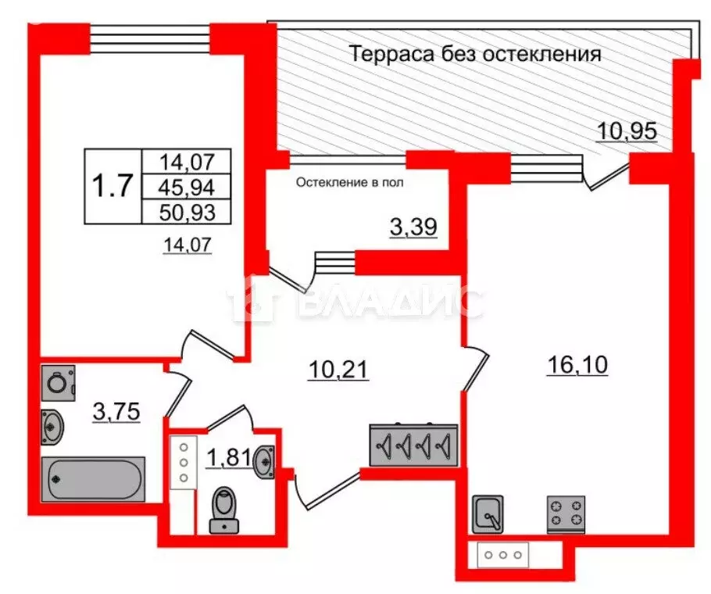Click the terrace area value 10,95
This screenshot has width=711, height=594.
(x=627, y=131)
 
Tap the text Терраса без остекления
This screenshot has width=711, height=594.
(x=476, y=54)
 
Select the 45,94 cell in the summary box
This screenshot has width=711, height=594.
(x=187, y=187)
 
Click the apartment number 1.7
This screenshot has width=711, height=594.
(x=113, y=186)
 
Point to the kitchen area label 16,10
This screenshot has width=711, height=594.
(x=577, y=365)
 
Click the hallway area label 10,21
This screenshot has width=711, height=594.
(x=338, y=369)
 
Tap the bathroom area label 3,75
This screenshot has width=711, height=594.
(x=116, y=412)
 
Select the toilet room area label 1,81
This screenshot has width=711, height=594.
(x=228, y=457)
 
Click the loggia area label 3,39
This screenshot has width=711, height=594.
(x=413, y=226)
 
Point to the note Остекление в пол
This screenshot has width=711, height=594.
(x=349, y=183)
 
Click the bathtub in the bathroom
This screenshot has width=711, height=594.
(x=93, y=479)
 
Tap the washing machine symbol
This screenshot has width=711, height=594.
(x=59, y=383)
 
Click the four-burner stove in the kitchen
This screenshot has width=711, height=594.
(x=566, y=514)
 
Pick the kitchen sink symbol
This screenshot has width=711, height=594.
(x=488, y=514)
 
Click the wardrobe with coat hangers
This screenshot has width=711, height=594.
(x=413, y=445)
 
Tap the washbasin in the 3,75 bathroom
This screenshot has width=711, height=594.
(x=52, y=426)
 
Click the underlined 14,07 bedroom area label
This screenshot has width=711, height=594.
(x=188, y=245)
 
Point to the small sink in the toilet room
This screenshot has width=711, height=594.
(x=264, y=462)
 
